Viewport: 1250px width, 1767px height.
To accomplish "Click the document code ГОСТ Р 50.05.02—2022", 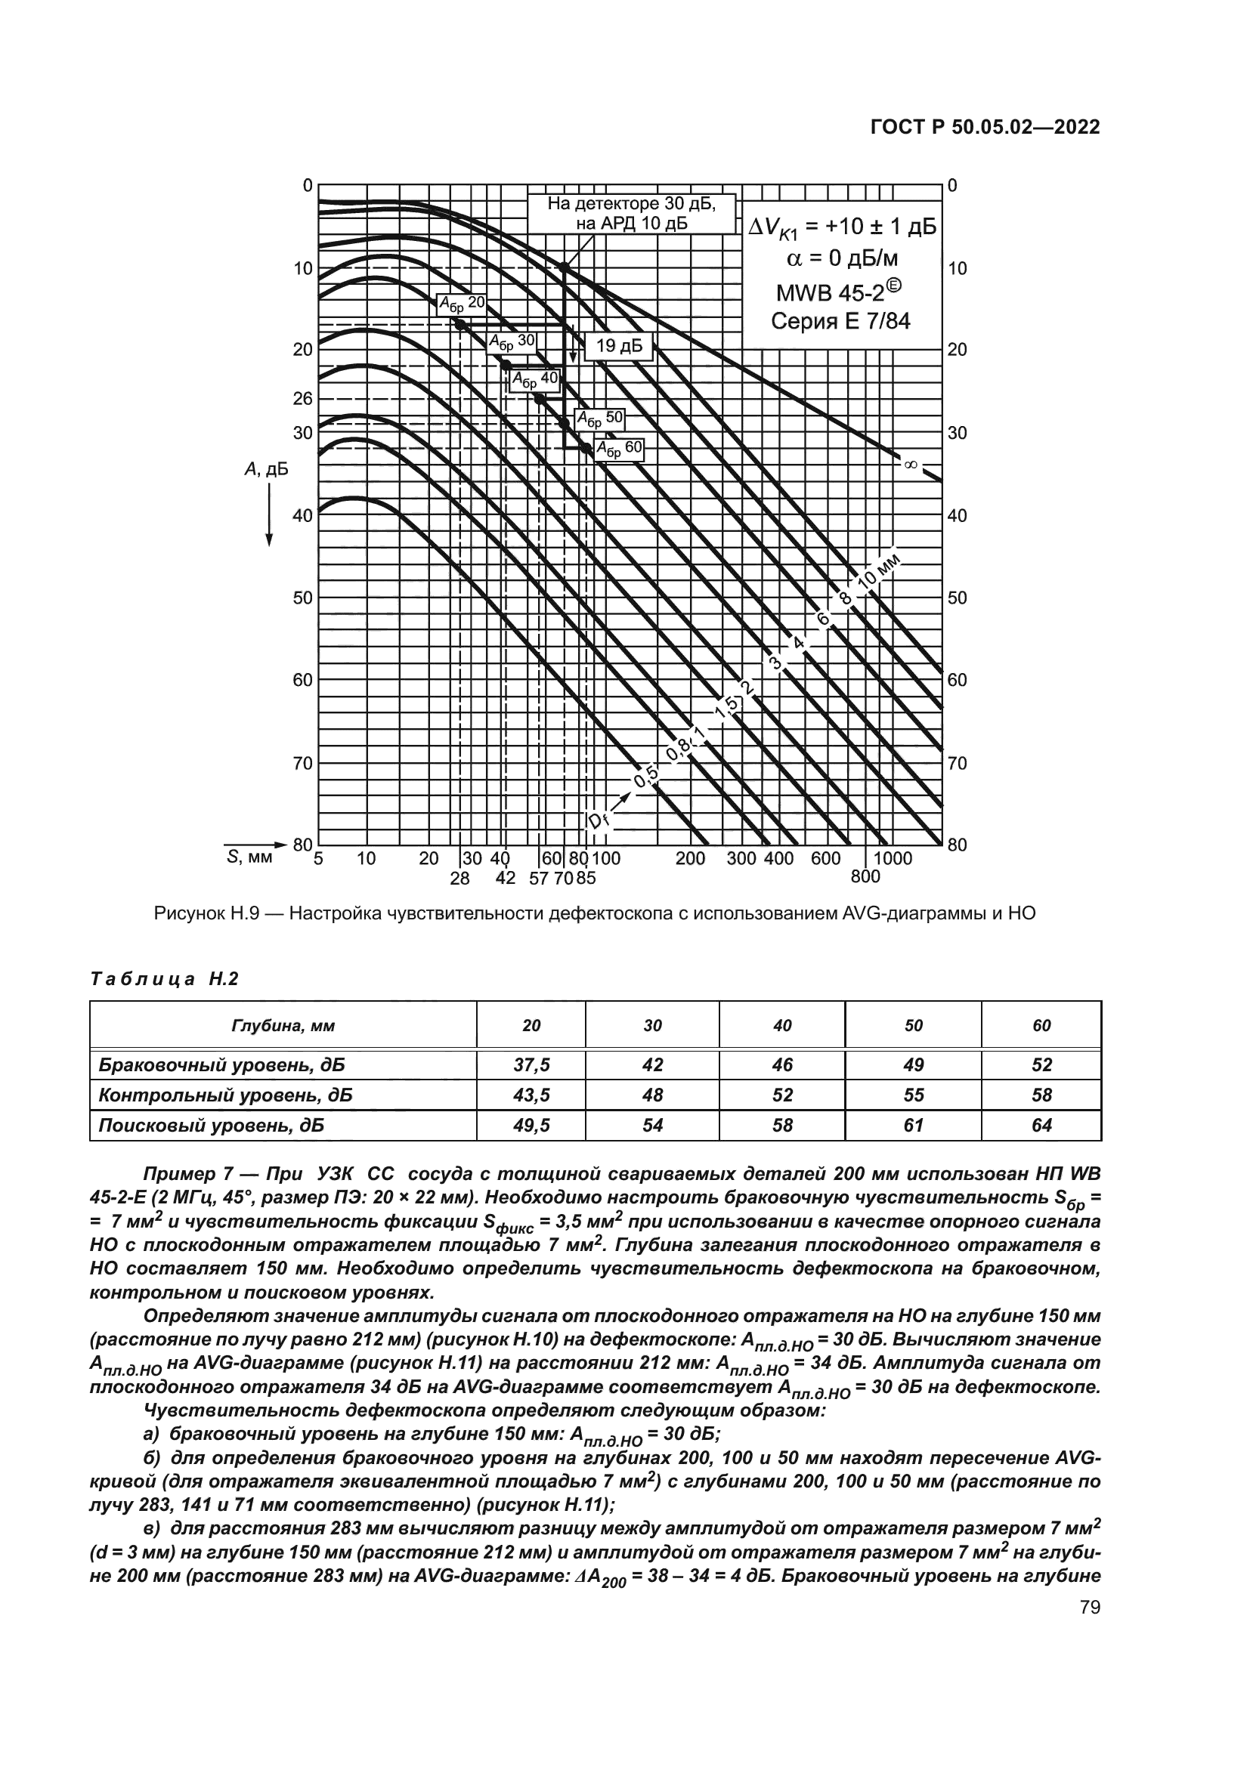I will click(985, 127).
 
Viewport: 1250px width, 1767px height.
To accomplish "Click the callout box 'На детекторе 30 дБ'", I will click(631, 213).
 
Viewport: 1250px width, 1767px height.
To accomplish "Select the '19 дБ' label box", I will click(619, 346).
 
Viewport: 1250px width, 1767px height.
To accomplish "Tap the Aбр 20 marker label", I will click(461, 303).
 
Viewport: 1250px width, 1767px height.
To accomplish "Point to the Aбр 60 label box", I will click(619, 450).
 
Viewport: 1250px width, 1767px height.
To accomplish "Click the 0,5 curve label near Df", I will click(645, 779).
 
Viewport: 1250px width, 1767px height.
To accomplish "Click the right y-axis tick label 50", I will click(957, 598).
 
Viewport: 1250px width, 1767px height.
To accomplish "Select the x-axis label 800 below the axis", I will click(865, 876).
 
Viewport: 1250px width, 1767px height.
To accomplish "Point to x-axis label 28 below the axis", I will click(459, 877).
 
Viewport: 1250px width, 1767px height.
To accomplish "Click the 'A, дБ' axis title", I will click(266, 469).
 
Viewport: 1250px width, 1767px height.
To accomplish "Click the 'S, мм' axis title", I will click(249, 857).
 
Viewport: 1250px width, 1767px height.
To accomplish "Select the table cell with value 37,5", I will click(531, 1065).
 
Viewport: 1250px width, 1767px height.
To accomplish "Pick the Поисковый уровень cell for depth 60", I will click(1041, 1125).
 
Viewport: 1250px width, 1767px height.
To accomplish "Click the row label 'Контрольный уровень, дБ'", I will click(224, 1095).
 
